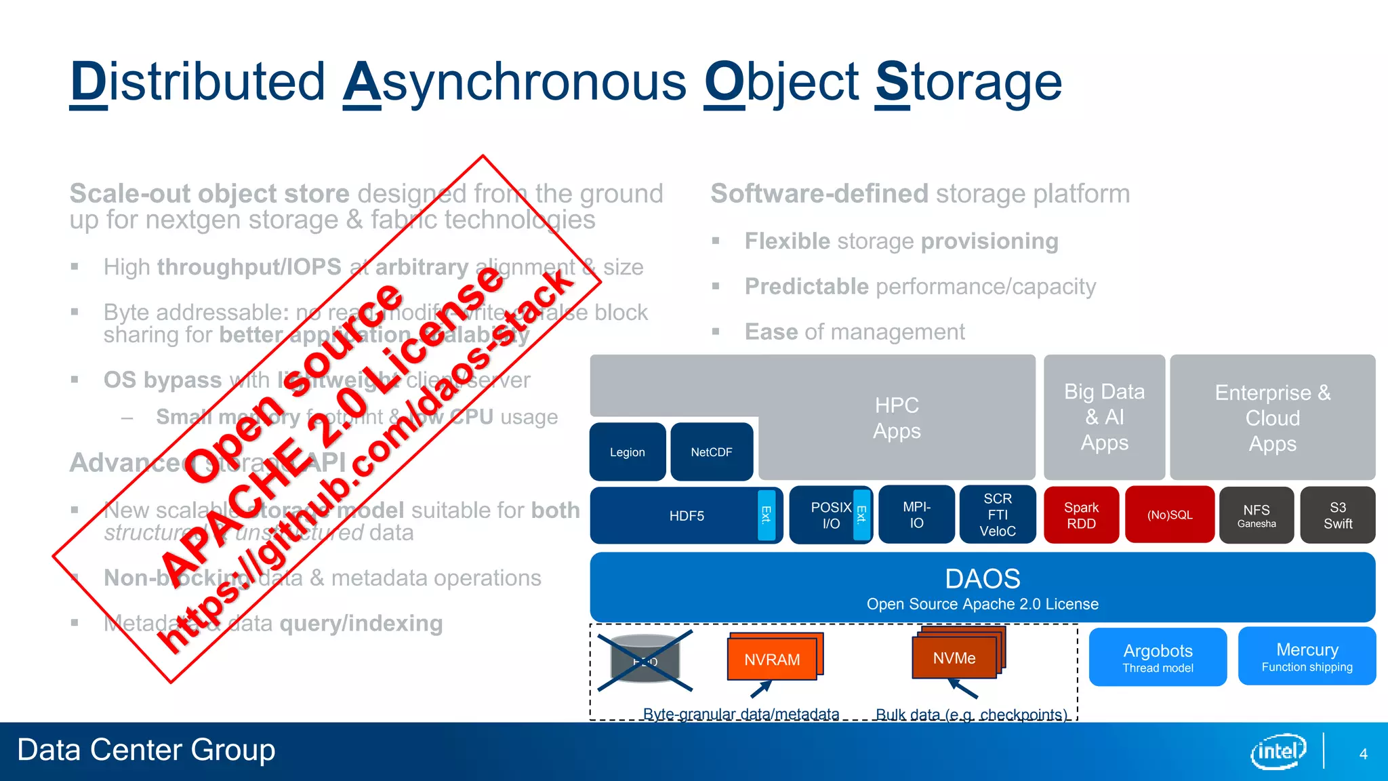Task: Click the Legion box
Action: coord(628,452)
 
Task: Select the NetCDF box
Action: coord(712,452)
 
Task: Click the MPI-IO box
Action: coord(916,515)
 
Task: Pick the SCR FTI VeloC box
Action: coord(998,515)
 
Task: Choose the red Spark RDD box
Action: coord(1081,515)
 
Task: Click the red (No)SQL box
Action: coord(1170,515)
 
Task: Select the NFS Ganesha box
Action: coord(1257,515)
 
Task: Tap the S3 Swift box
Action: coord(1338,515)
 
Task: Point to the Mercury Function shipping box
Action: coord(1307,657)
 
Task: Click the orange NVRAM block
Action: coord(772,659)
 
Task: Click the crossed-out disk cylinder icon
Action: coord(645,660)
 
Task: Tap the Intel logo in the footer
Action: coord(1278,751)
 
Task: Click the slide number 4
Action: coord(1363,754)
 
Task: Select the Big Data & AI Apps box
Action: coord(1104,417)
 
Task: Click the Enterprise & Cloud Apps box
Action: coord(1272,418)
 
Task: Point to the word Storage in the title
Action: coord(968,82)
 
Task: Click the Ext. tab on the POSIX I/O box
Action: coord(861,515)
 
